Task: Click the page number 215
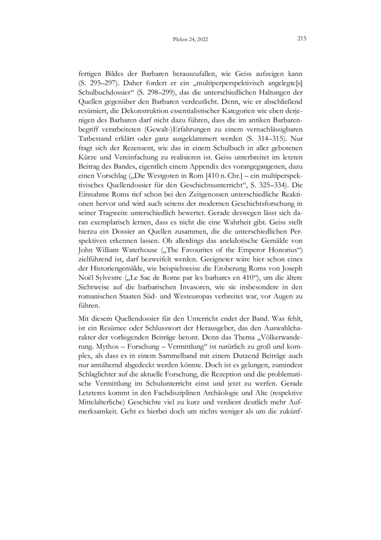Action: pyautogui.click(x=300, y=39)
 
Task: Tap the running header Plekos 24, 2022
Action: pyautogui.click(x=190, y=41)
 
